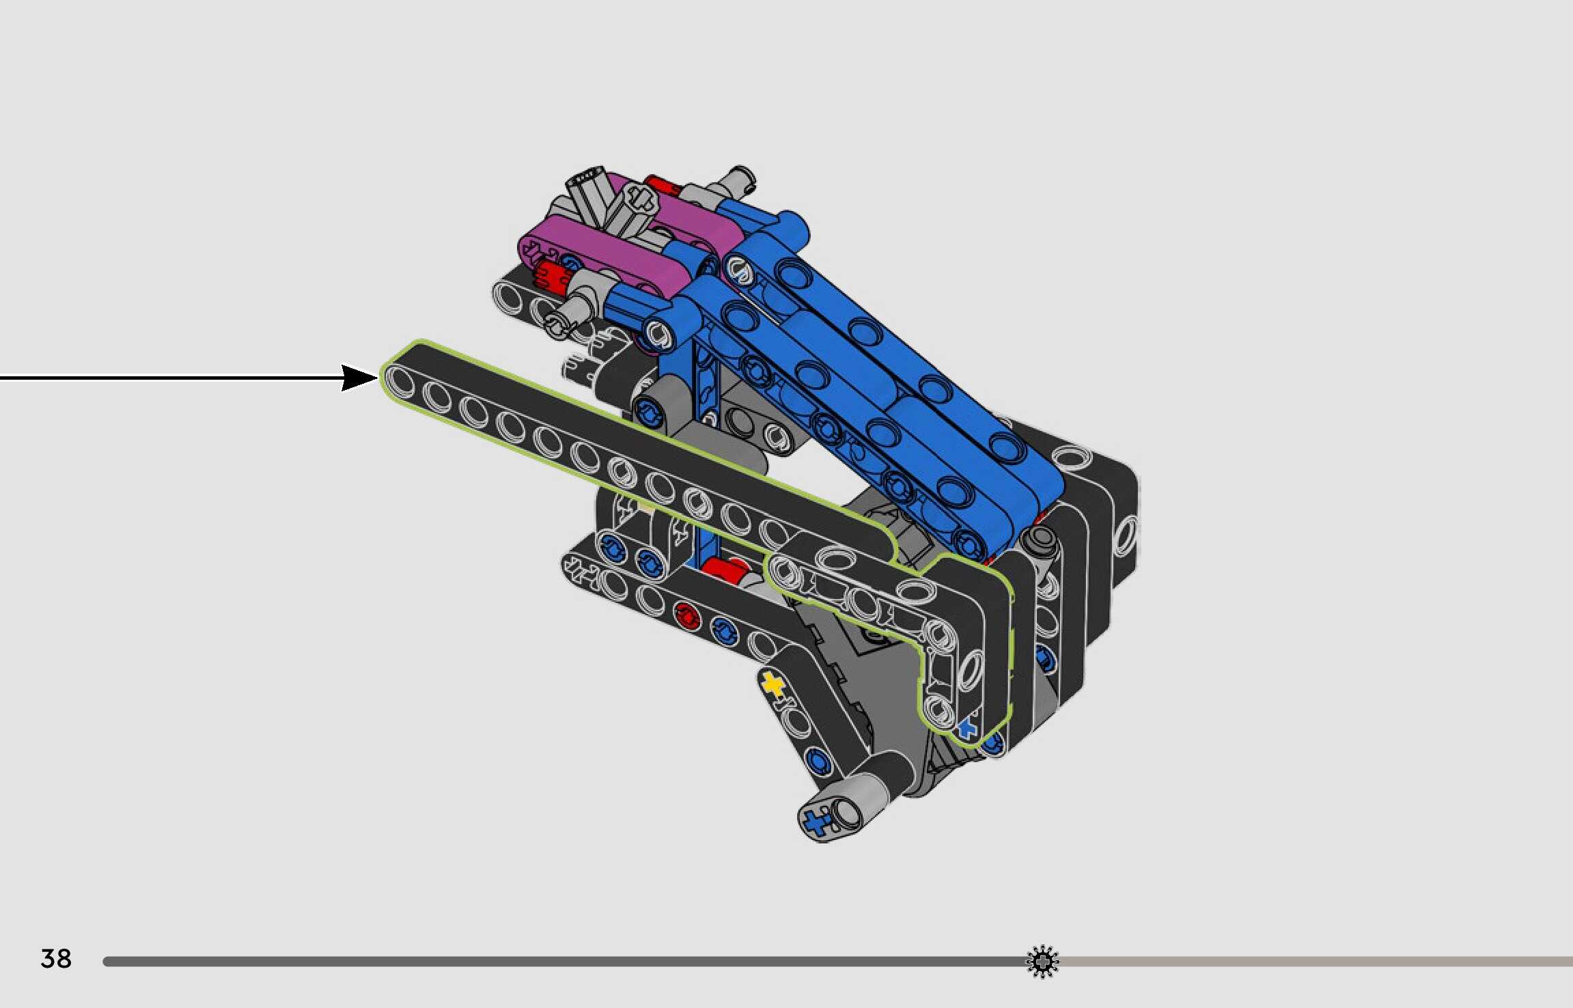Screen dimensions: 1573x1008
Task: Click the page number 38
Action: (x=56, y=959)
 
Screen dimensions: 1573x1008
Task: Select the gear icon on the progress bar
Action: (x=1042, y=962)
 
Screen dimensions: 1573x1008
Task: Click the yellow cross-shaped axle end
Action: (x=772, y=684)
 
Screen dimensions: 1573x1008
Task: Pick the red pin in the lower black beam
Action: (x=686, y=617)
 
